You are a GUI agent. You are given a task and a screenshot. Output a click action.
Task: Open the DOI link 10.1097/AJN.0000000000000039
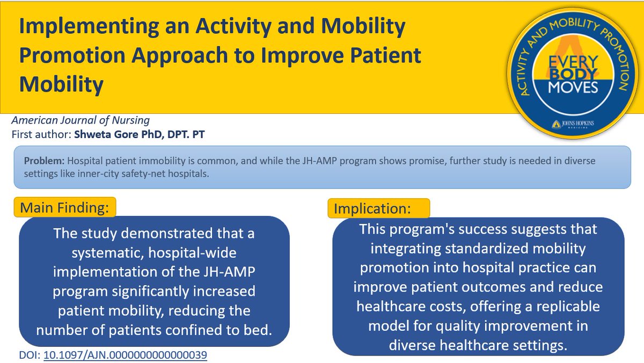[x=126, y=355]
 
